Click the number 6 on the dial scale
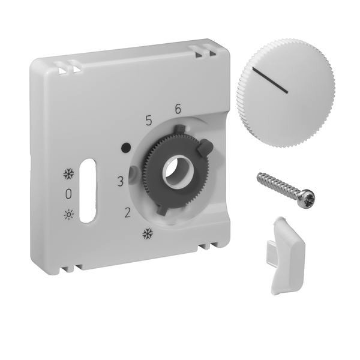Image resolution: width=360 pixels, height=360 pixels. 178,109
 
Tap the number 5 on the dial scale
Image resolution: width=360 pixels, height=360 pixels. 149,121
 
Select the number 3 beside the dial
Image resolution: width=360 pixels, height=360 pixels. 120,181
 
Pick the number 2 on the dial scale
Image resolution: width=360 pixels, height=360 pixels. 127,212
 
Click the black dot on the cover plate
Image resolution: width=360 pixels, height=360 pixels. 126,148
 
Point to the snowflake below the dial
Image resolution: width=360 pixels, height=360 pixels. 148,234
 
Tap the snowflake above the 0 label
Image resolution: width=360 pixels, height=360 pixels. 68,174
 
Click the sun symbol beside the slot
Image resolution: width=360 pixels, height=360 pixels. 69,215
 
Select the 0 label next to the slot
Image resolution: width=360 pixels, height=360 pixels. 68,194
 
